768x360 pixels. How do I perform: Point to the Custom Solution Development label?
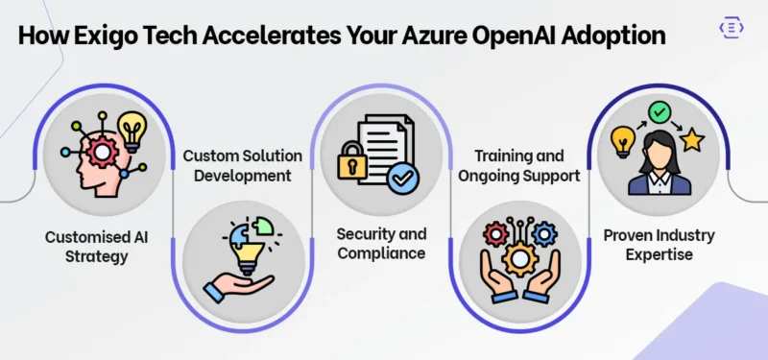click(243, 164)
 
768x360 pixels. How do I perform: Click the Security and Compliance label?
click(381, 244)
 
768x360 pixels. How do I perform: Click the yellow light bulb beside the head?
click(131, 130)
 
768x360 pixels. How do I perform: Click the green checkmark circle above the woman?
click(659, 113)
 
